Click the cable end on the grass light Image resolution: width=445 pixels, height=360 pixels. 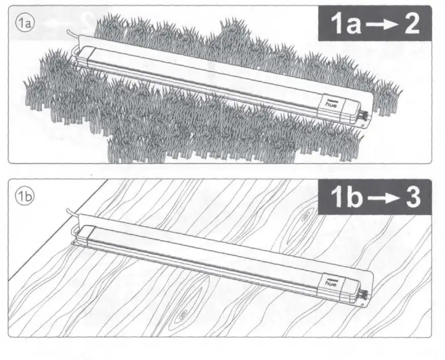(70, 38)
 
